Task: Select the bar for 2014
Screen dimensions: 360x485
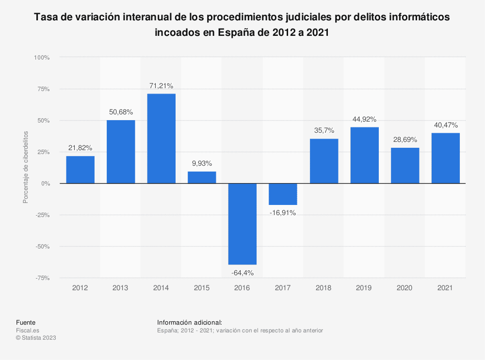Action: point(161,139)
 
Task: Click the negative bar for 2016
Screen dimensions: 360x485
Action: point(242,224)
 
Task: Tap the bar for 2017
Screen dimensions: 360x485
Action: point(283,194)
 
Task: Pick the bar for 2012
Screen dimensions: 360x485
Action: point(80,170)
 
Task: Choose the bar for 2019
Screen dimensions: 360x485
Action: point(364,155)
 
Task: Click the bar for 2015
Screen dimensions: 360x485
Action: point(202,177)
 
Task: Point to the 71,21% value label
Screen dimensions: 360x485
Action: point(161,86)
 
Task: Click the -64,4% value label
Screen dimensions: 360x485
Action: point(242,273)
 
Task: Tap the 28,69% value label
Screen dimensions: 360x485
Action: point(404,140)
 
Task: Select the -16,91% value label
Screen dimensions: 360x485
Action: point(283,213)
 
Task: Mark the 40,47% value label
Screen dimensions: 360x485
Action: point(445,125)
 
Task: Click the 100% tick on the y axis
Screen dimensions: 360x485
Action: point(41,58)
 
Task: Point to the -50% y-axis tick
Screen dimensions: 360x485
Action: point(42,247)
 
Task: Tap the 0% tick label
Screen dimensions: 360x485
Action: point(45,184)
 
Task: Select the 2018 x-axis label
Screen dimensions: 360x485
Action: point(323,288)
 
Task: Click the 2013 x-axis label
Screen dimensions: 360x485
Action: point(120,288)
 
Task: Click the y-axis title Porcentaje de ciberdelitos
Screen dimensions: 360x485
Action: point(26,167)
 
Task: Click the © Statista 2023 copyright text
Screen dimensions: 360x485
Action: point(36,338)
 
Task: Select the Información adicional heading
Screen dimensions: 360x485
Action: point(190,322)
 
